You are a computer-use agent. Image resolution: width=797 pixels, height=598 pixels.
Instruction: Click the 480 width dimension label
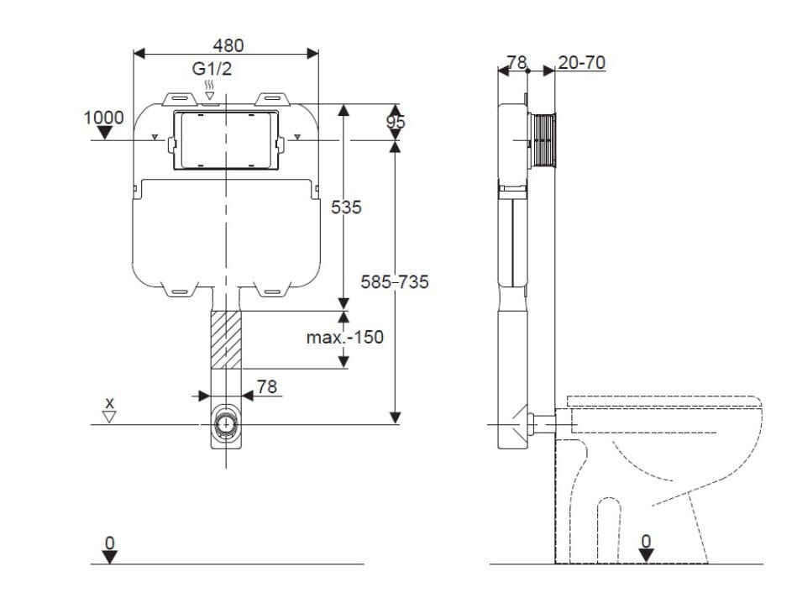(x=227, y=45)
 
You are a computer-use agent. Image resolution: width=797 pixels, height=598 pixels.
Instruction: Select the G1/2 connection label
(x=209, y=70)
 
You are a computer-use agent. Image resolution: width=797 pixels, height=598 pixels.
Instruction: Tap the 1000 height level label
(x=103, y=117)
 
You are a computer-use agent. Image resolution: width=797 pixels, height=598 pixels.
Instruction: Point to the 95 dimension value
(x=396, y=123)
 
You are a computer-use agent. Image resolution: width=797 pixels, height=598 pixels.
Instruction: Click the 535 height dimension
(x=345, y=207)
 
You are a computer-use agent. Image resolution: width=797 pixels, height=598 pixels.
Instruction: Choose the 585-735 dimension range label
(x=395, y=282)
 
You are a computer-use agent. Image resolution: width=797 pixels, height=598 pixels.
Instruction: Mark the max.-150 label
(x=344, y=338)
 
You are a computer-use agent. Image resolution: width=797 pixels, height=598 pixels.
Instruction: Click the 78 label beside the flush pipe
(x=266, y=386)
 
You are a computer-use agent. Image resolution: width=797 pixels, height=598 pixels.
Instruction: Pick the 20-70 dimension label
(x=580, y=63)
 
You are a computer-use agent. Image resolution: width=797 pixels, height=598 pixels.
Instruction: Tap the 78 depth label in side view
(x=516, y=63)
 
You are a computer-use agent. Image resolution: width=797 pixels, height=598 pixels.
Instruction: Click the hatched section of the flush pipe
(x=225, y=339)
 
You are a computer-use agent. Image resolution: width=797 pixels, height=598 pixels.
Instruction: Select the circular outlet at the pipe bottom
(x=225, y=423)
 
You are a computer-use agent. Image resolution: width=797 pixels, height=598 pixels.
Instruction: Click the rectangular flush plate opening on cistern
(x=225, y=140)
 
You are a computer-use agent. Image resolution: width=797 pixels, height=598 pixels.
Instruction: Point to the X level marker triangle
(x=109, y=416)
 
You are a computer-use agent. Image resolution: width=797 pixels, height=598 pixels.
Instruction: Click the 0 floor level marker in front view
(x=109, y=554)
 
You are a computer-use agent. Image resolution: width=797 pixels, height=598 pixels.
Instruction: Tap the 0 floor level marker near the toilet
(x=645, y=554)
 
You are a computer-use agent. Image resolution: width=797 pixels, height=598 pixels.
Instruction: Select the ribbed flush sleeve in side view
(x=543, y=141)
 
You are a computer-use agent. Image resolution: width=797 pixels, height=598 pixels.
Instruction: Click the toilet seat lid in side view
(x=664, y=401)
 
